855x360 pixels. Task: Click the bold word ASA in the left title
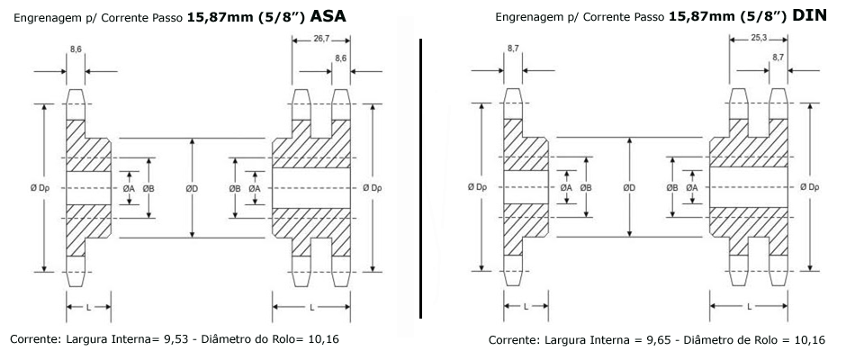[328, 16]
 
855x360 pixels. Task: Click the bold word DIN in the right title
[810, 16]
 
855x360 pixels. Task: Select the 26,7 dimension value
[320, 40]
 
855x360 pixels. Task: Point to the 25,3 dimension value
[759, 40]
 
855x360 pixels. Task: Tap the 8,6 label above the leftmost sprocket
[76, 49]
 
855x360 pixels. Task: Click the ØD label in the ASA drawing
[192, 188]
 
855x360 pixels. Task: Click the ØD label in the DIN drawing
[629, 187]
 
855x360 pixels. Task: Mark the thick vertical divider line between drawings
[421, 178]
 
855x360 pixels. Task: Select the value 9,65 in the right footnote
[659, 340]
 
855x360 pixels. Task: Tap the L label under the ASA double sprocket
[312, 308]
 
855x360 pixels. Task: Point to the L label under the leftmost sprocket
[89, 308]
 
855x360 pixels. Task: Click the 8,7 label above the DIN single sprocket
[513, 49]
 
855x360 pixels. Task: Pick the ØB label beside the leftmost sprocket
[148, 188]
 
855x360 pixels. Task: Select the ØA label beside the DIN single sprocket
[566, 187]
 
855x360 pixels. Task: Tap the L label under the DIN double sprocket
[749, 307]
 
